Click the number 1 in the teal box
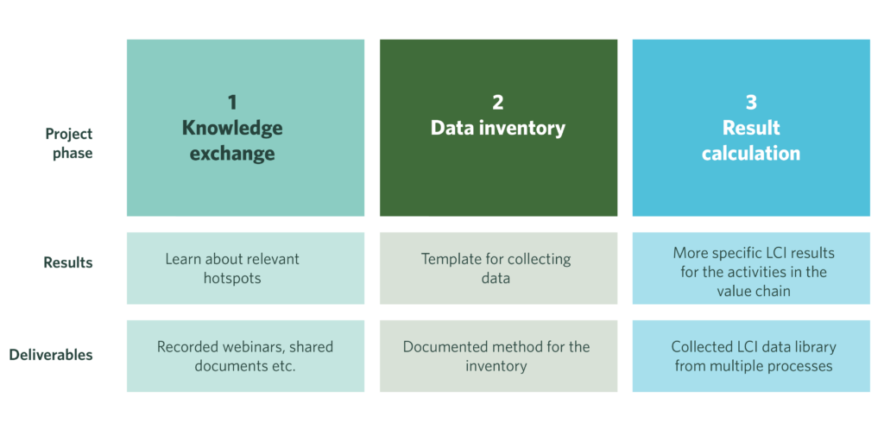232,102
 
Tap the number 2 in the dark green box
498,102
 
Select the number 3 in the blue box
751,102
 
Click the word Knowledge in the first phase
232,128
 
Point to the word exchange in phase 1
232,154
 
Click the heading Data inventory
498,128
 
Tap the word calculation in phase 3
751,154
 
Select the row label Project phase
69,144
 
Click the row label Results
68,262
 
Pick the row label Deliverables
51,355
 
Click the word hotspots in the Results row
232,279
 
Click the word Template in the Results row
445,259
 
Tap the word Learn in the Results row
180,259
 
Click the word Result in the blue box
751,128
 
